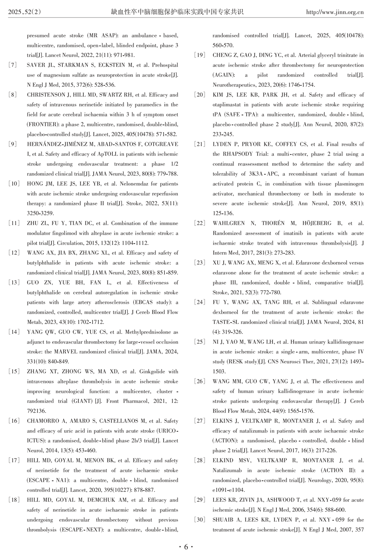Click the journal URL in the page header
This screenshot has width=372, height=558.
[x=335, y=12]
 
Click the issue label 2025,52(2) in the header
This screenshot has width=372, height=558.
[x=25, y=12]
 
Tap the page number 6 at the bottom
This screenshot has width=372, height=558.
[x=186, y=547]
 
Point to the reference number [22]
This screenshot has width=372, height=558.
[x=200, y=223]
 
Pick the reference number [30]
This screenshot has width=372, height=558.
[x=200, y=520]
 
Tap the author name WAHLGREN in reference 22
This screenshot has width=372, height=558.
[x=228, y=223]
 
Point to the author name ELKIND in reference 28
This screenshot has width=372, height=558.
[x=224, y=461]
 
